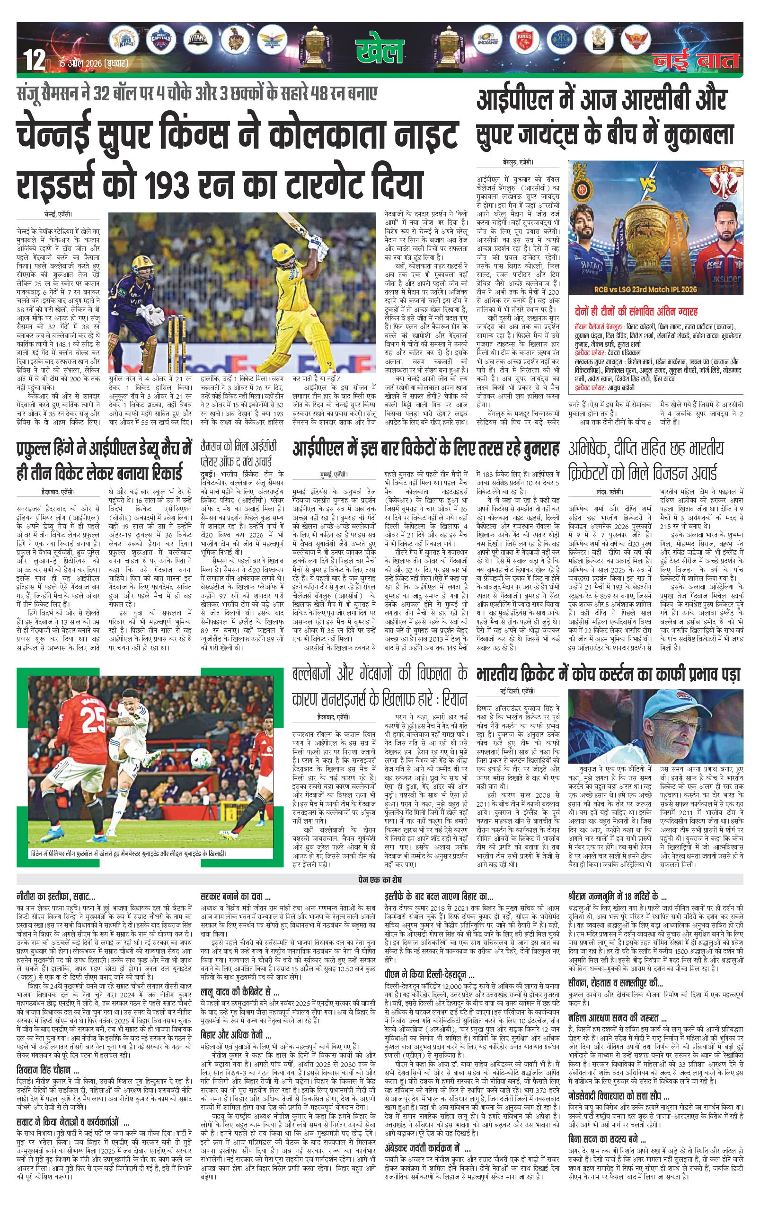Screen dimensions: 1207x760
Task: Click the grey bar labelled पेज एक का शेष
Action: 380,880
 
